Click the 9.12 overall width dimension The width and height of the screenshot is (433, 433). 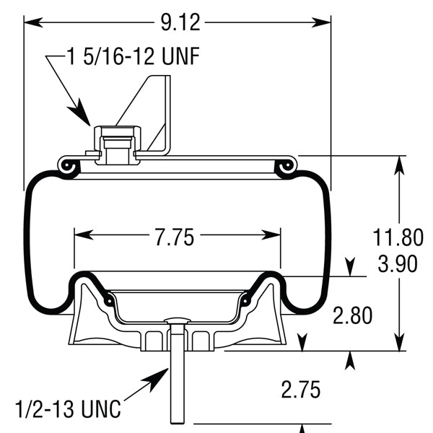pyautogui.click(x=180, y=22)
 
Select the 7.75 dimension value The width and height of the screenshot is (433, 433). pyautogui.click(x=174, y=237)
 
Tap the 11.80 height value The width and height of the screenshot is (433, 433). pyautogui.click(x=398, y=237)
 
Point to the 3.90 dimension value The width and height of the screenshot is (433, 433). pyautogui.click(x=398, y=264)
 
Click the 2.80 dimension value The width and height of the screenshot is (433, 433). pyautogui.click(x=352, y=315)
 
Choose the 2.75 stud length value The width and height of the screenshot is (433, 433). pyautogui.click(x=301, y=390)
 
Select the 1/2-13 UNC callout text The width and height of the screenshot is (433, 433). pyautogui.click(x=69, y=408)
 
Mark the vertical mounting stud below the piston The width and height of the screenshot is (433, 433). pyautogui.click(x=178, y=375)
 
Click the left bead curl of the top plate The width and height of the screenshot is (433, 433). pyautogui.click(x=69, y=166)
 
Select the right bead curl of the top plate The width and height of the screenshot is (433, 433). pyautogui.click(x=287, y=166)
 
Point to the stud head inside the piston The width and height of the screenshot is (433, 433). pyautogui.click(x=178, y=320)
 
